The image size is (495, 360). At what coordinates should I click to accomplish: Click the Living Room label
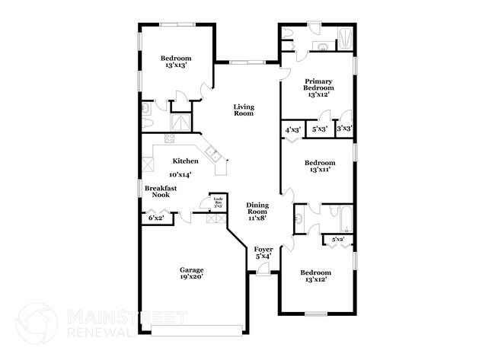point(244,110)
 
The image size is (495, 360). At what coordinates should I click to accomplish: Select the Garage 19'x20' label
point(191,274)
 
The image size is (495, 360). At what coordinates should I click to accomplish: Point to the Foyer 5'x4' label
point(263,253)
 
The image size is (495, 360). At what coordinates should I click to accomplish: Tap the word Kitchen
point(185,161)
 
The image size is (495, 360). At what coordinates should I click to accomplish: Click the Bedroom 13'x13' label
point(175,62)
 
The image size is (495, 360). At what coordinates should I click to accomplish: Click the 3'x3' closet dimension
point(343,129)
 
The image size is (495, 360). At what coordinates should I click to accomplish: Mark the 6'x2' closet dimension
point(156,219)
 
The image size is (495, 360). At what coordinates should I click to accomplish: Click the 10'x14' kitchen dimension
point(180,174)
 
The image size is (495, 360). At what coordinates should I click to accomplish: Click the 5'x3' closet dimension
point(320,129)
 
